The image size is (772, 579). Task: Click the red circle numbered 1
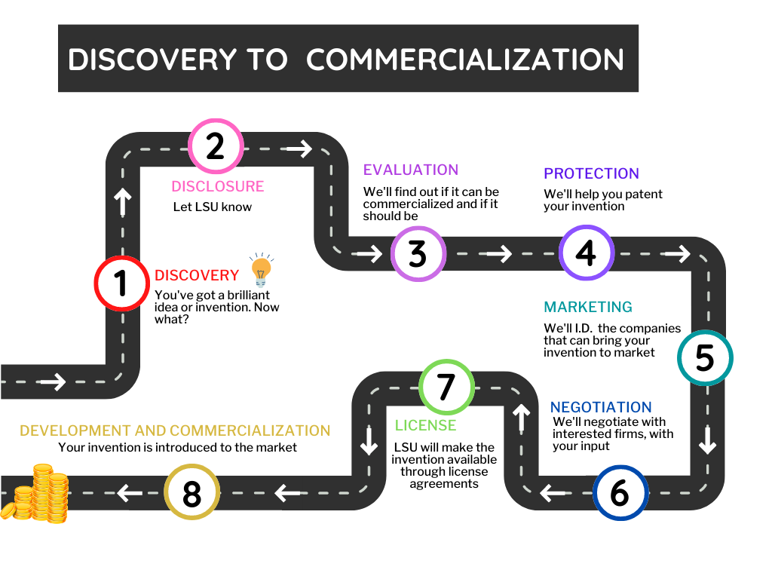pos(121,284)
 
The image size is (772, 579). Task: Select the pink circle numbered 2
pos(216,146)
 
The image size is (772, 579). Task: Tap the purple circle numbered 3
pos(418,254)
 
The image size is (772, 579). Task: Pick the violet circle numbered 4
pos(586,253)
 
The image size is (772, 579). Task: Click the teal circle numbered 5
pos(704,358)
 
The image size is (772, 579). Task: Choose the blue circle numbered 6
pos(620,493)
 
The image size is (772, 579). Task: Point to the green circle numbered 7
pos(446,387)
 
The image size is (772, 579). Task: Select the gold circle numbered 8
pos(191,494)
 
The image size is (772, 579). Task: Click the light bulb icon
pos(261,269)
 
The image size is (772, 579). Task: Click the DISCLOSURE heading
pos(217,186)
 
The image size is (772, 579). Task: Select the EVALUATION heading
pos(411,170)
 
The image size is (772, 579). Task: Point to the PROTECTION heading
pos(591,173)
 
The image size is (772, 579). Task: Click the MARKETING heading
pos(588,307)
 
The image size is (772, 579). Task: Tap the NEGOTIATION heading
pos(600,407)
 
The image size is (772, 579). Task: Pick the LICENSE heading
pos(425,425)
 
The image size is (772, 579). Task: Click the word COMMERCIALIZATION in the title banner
pos(465,60)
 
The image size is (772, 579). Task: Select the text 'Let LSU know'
pos(213,207)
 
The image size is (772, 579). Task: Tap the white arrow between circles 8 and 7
pos(287,494)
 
